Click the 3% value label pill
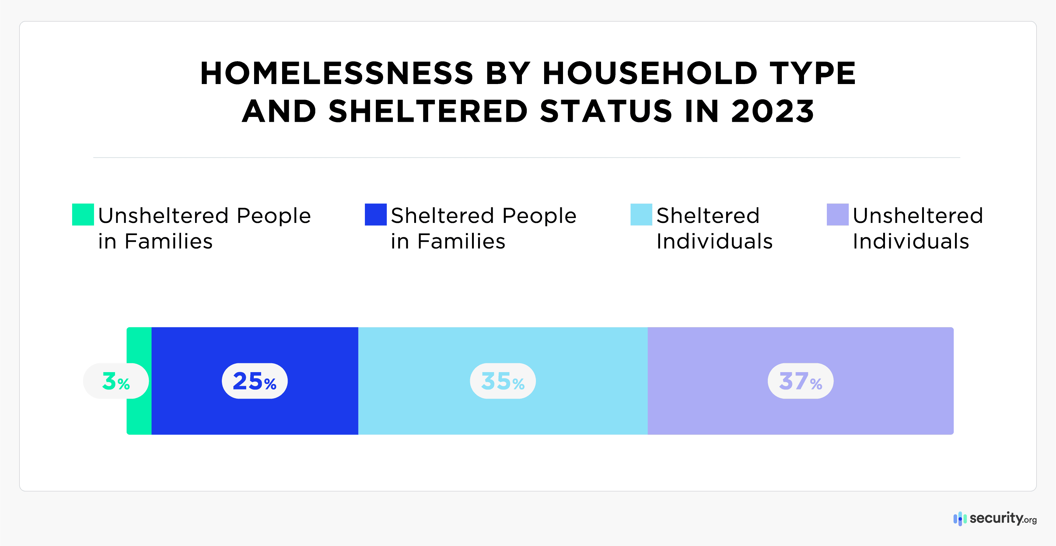[116, 381]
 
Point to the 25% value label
[255, 381]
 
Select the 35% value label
[502, 381]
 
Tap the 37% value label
[800, 381]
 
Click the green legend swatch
[83, 215]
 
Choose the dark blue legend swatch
[376, 215]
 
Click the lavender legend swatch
[837, 215]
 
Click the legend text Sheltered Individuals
[714, 228]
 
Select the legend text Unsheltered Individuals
[918, 228]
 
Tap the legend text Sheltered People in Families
[483, 228]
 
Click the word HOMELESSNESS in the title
[337, 73]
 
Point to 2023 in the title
[772, 111]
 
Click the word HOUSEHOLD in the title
[650, 73]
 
